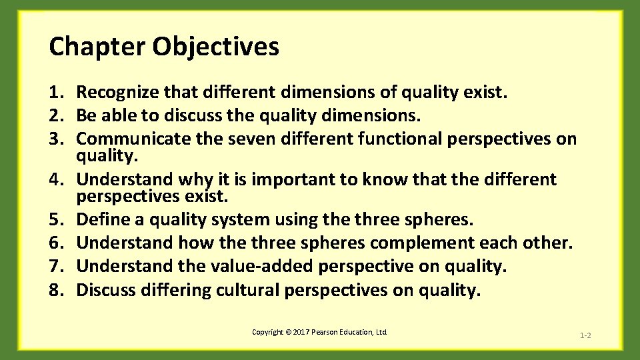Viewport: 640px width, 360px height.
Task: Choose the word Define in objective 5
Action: (100, 219)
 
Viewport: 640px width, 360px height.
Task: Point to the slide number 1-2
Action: (585, 335)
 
